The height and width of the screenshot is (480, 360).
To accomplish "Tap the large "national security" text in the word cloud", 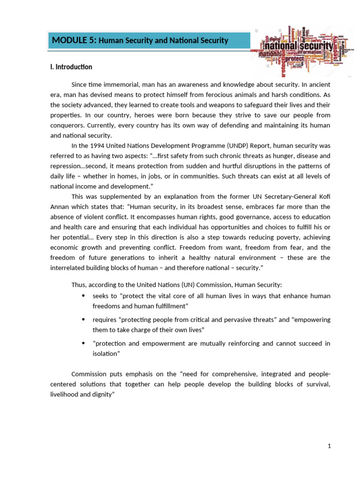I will [x=300, y=47].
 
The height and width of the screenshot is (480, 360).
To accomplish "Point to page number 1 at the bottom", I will [x=330, y=446].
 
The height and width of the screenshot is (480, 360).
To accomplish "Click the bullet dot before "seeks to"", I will [x=83, y=296].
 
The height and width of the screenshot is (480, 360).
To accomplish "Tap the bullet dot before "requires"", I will [x=83, y=320].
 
